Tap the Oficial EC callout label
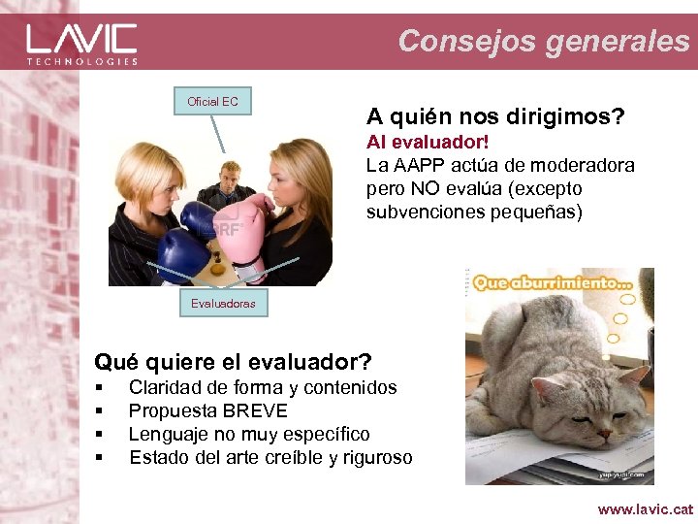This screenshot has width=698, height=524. pos(212,101)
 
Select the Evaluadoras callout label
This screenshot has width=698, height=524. pos(223,303)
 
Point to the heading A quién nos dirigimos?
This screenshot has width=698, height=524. pos(495,117)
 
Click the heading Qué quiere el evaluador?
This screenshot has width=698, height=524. pos(233,363)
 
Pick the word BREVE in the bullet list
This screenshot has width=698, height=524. pos(255,410)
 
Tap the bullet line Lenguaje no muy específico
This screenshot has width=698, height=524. pos(249,434)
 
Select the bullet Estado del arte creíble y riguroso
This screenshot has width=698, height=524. pos(270,457)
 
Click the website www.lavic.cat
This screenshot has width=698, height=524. pos(646,508)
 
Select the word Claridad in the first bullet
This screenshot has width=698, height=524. pos(165,387)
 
